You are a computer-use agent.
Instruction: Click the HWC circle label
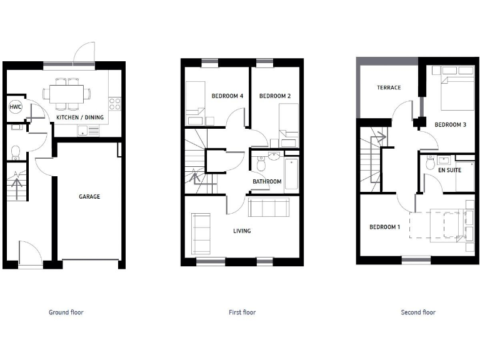click(x=15, y=107)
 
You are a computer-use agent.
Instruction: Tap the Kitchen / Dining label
click(x=80, y=117)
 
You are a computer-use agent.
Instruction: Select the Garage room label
click(x=89, y=196)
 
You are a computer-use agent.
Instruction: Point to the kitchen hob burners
click(x=114, y=104)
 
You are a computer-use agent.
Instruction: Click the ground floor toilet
click(x=16, y=151)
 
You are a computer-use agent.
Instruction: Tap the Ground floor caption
click(x=66, y=312)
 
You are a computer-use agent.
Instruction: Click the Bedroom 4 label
click(x=227, y=96)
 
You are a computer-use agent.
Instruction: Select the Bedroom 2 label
click(x=275, y=96)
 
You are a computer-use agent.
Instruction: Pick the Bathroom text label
click(x=267, y=182)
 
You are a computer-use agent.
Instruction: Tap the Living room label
click(x=242, y=231)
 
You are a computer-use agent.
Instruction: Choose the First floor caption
click(x=242, y=312)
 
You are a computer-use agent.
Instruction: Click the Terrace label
click(x=389, y=87)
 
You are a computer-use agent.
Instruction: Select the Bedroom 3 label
click(x=451, y=125)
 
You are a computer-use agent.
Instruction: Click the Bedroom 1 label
click(x=384, y=227)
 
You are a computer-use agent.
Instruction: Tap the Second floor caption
click(x=418, y=312)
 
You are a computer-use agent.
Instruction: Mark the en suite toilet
click(x=430, y=163)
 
